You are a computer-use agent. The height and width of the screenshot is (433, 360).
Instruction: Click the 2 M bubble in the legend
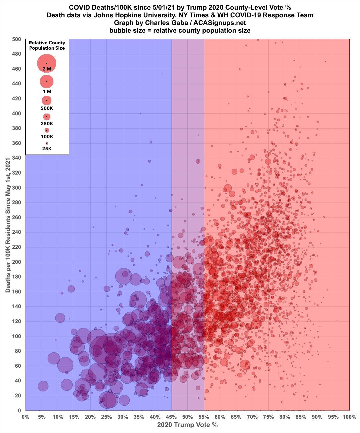47,63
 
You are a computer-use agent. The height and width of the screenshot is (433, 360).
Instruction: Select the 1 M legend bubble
47,81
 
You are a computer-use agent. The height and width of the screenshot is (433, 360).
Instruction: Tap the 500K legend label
47,108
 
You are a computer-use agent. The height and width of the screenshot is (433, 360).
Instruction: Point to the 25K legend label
47,149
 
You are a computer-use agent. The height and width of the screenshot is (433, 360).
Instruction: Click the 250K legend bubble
47,117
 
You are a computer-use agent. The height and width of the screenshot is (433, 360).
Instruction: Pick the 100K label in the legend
47,137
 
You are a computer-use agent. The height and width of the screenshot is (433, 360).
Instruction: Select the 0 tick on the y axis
19,410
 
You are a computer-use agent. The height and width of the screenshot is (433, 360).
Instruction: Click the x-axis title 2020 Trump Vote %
187,425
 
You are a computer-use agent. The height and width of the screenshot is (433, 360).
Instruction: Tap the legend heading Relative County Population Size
47,45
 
